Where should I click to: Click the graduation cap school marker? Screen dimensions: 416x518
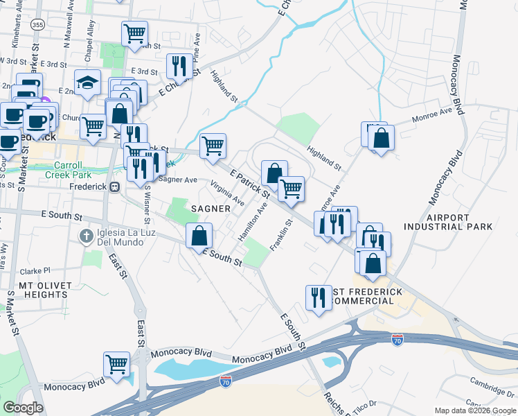(88, 83)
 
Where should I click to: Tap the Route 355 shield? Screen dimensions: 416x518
(38, 25)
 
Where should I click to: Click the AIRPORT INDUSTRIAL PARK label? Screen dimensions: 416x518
(459, 222)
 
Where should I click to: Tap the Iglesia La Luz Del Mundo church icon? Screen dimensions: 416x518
(84, 236)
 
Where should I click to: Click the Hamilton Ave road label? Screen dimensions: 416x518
(253, 222)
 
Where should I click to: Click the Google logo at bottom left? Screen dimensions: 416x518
(23, 408)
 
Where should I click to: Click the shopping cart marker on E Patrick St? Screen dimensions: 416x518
(212, 145)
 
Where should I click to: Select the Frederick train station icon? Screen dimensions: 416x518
(116, 187)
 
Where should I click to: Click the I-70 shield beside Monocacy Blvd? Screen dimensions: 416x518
(226, 381)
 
